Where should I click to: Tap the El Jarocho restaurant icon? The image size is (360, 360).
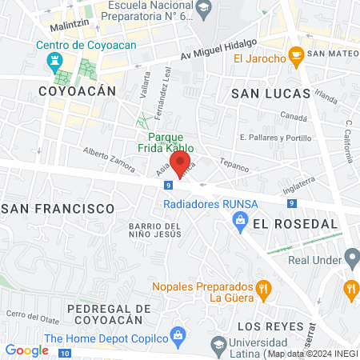(296, 58)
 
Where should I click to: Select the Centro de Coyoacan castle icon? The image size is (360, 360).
(55, 61)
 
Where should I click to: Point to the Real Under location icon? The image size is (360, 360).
(351, 258)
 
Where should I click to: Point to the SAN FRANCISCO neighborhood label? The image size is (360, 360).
(58, 208)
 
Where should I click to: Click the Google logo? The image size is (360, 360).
(26, 350)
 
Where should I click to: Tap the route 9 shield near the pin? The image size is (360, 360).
(168, 186)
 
